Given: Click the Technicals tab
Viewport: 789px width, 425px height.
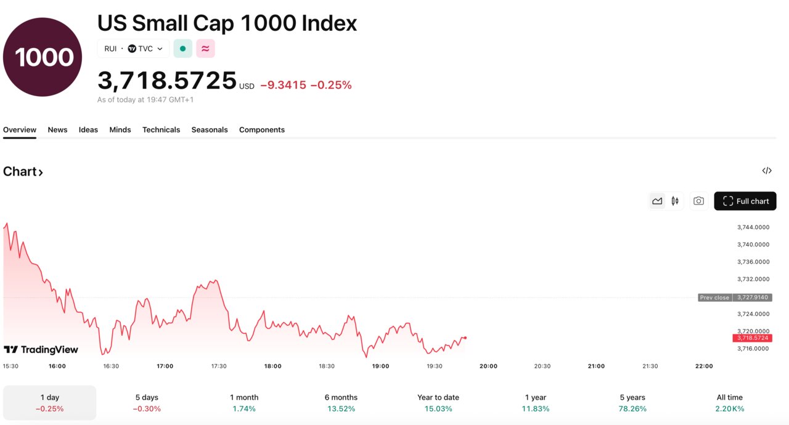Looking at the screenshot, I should [x=161, y=130].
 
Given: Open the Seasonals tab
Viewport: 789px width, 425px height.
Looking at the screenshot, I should [x=210, y=130].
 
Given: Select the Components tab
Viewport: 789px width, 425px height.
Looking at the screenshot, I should [x=262, y=130].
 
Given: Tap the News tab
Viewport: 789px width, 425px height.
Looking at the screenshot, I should [x=57, y=130].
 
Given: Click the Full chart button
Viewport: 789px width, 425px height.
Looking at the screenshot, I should [x=745, y=201].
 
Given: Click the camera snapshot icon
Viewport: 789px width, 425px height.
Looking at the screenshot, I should [x=698, y=201].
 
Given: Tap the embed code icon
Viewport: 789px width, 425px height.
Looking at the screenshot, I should [x=767, y=171].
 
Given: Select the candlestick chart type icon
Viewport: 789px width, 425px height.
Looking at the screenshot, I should [x=675, y=201].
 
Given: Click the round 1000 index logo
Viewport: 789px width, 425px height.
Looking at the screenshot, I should [x=43, y=57].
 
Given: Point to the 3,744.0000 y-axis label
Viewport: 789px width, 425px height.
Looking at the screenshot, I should [x=753, y=227].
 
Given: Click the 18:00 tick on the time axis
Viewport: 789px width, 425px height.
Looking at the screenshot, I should [x=273, y=366].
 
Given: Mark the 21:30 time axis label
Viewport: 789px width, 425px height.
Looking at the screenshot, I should [x=650, y=366].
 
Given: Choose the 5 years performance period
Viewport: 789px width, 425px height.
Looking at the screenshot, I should [x=632, y=403].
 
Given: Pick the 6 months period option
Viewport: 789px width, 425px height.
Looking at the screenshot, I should [x=341, y=403].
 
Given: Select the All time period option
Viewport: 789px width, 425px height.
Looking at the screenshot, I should [x=730, y=403].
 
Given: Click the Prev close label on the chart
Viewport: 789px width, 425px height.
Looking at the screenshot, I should [x=714, y=297].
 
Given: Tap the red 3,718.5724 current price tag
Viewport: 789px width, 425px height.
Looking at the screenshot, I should [x=752, y=338].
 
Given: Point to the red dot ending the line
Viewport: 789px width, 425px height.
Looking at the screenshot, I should [x=465, y=338].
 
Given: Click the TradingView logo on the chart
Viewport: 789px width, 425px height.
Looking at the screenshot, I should [x=41, y=350].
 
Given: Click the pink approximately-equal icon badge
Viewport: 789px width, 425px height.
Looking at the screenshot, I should [x=205, y=49].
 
